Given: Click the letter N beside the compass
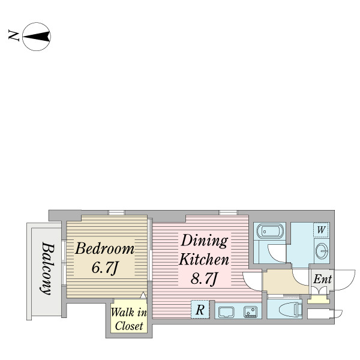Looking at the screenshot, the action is coord(14,35).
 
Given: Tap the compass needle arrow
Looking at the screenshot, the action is coord(37,37).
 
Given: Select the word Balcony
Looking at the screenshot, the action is coord(47,268).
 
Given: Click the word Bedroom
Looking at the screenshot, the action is coord(104,249).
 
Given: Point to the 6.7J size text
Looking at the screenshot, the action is coord(104,268).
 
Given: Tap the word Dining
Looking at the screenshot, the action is coord(204,241).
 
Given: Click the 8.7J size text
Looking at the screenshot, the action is coord(204,278).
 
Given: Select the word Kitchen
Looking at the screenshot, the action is coord(204,259).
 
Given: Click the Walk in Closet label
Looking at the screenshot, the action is coord(129,319).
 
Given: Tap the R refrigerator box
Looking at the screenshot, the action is coord(200,310).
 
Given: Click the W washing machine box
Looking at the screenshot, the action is coord(321,230).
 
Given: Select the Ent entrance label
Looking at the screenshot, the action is coord(323,279).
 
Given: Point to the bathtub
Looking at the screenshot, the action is coord(270,231).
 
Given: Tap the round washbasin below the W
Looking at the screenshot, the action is coord(322,251).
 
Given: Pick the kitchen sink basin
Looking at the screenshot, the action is coord(226,312).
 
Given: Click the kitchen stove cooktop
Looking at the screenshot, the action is coord(251,312).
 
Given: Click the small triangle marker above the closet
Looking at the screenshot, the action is coord(143,295).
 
